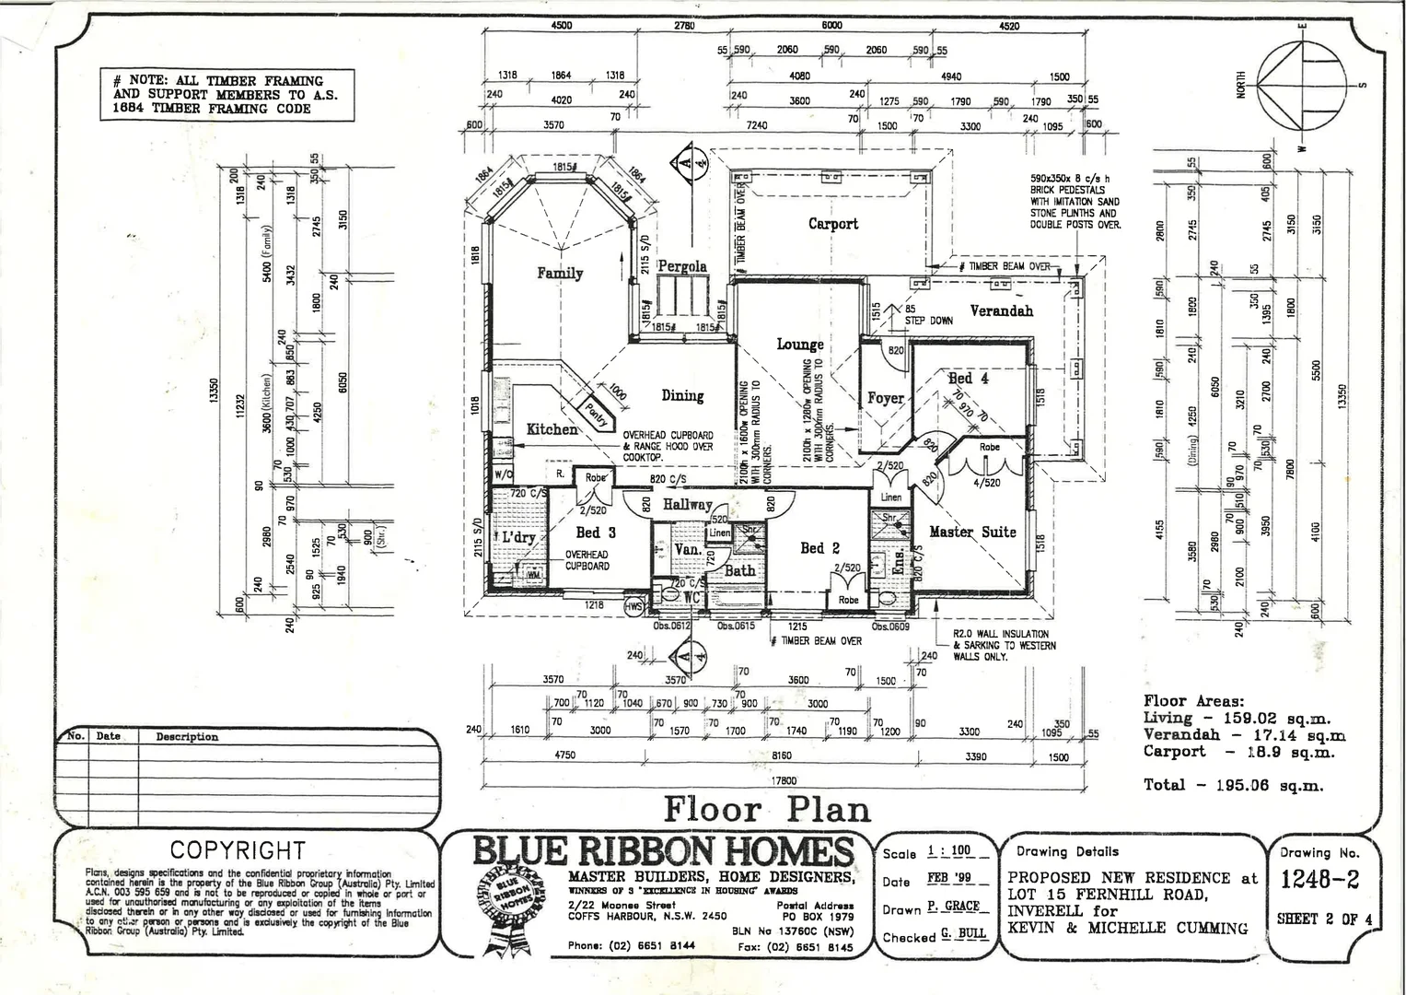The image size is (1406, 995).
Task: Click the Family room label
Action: pyautogui.click(x=560, y=273)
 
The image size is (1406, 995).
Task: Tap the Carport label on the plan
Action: pyautogui.click(x=832, y=223)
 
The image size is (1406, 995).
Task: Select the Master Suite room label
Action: pyautogui.click(x=972, y=532)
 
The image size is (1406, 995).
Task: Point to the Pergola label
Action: pyautogui.click(x=681, y=266)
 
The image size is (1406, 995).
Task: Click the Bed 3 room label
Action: pyautogui.click(x=596, y=533)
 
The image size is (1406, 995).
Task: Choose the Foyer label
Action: pyautogui.click(x=885, y=398)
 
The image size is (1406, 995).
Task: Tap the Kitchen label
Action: pyautogui.click(x=552, y=429)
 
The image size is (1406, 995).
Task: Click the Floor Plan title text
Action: pyautogui.click(x=767, y=809)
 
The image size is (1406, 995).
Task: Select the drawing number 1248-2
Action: pyautogui.click(x=1319, y=879)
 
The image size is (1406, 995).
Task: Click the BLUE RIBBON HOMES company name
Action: pyautogui.click(x=663, y=850)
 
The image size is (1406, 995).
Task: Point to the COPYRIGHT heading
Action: pyautogui.click(x=238, y=850)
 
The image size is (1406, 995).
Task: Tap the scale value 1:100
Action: pyautogui.click(x=948, y=851)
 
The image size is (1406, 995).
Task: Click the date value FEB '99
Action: pyautogui.click(x=948, y=879)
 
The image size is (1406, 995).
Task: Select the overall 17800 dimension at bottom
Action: pyautogui.click(x=784, y=779)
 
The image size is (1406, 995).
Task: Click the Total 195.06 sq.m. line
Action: pyautogui.click(x=1233, y=785)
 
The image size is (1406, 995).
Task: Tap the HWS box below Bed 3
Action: pyautogui.click(x=634, y=607)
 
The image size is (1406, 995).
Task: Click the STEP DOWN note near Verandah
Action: pyautogui.click(x=928, y=321)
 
